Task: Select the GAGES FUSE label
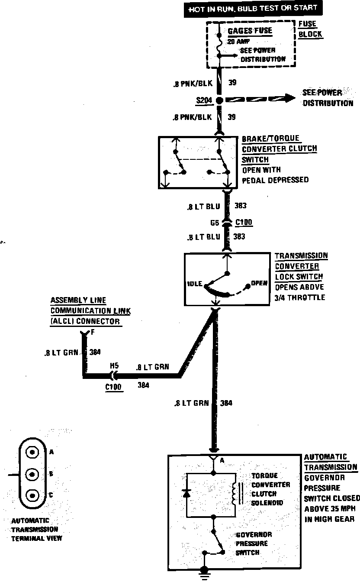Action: tap(250, 31)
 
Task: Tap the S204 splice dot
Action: tap(219, 100)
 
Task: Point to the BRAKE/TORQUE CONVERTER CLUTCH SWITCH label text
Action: tap(279, 149)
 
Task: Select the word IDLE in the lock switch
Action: tap(195, 284)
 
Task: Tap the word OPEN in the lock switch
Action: tap(260, 284)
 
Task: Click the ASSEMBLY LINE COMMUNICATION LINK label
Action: tap(90, 311)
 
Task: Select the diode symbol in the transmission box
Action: tap(186, 493)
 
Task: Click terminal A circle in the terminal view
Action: tap(32, 452)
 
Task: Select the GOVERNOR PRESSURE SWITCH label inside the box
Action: tap(252, 543)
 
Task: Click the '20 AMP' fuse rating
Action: tap(236, 42)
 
